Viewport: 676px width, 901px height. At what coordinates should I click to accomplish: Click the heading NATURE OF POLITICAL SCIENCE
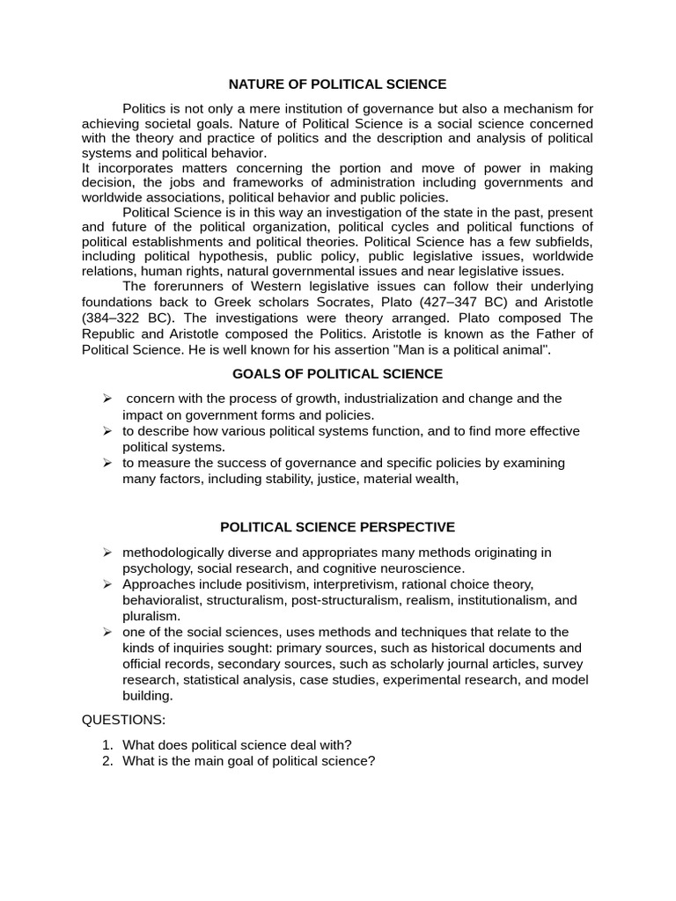pyautogui.click(x=337, y=84)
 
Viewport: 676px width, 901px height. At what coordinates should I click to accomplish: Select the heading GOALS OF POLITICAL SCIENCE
pyautogui.click(x=337, y=374)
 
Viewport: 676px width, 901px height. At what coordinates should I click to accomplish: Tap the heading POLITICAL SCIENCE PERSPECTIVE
pyautogui.click(x=337, y=527)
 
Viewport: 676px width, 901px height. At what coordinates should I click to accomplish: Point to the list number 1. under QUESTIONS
pyautogui.click(x=107, y=744)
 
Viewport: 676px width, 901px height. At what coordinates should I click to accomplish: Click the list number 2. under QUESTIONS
pyautogui.click(x=107, y=761)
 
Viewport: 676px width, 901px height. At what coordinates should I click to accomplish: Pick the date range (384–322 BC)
pyautogui.click(x=122, y=318)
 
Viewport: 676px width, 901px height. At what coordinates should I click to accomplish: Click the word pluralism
pyautogui.click(x=151, y=616)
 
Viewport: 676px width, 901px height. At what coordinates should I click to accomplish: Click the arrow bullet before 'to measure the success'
pyautogui.click(x=107, y=463)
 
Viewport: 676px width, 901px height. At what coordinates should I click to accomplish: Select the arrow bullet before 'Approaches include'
pyautogui.click(x=107, y=584)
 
